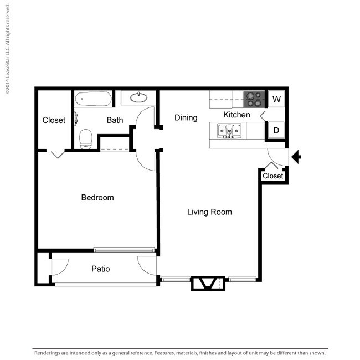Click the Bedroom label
point(97,198)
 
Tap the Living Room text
point(209,212)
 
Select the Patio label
point(100,269)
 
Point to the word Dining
point(186,117)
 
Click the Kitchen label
point(236,115)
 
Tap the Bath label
point(115,120)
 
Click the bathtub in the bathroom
point(93,99)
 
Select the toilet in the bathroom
point(85,138)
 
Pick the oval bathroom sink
point(138,99)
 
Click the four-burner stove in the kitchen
point(255,99)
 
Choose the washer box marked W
point(277,100)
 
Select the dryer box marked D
point(276,131)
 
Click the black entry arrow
point(296,157)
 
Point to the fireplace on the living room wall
point(208,283)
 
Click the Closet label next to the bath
point(54,120)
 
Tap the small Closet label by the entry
point(272,176)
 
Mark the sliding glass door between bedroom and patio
point(124,250)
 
